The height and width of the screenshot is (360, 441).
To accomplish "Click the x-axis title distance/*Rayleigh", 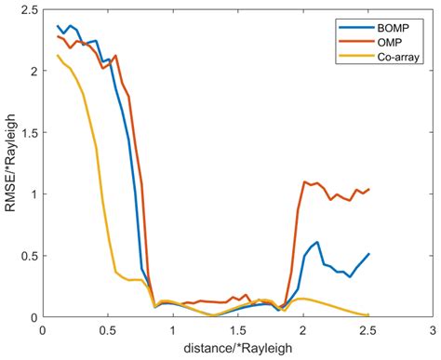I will [x=237, y=348].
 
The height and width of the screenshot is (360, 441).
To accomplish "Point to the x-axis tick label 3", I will [x=433, y=329].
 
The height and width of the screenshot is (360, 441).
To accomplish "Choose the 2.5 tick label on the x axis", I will [x=368, y=329].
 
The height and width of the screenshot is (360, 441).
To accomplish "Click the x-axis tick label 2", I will [x=303, y=329].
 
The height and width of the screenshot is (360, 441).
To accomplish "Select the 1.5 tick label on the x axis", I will [x=238, y=329].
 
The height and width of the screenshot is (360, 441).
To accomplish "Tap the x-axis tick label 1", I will [x=173, y=329].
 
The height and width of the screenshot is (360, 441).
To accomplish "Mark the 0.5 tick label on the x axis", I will [x=108, y=329].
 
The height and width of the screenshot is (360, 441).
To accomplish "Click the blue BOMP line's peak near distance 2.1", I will [x=317, y=242].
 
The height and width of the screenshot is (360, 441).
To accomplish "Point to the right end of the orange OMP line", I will [x=368, y=190].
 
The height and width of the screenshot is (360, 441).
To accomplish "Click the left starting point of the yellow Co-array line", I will [x=58, y=56].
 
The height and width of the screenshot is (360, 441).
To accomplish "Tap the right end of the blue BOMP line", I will [x=368, y=254].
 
